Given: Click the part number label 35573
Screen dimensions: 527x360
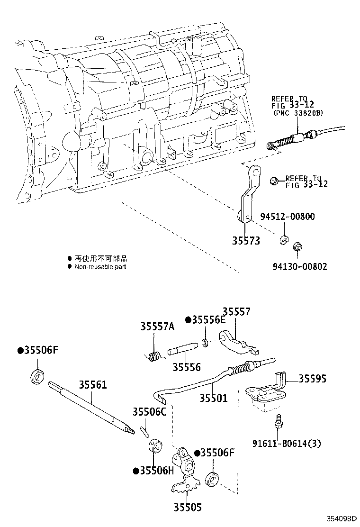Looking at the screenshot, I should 245,241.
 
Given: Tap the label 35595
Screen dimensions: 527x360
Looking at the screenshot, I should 313,379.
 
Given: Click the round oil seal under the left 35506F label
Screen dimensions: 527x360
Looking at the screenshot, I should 37,376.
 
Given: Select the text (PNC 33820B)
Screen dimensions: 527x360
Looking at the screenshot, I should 297,114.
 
